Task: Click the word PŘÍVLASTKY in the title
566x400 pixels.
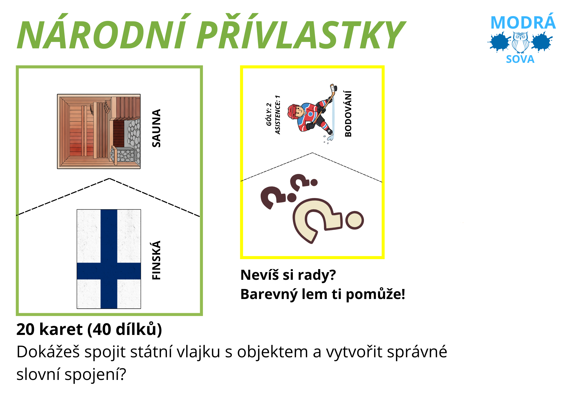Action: (x=301, y=32)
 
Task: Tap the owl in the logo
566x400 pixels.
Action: (x=520, y=42)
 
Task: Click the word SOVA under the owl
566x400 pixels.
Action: (x=520, y=59)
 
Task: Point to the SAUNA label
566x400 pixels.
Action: (x=156, y=128)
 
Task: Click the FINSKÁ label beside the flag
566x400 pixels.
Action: (x=156, y=260)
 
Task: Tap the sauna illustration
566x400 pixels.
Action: (x=99, y=132)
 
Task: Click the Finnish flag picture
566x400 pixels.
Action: (x=109, y=259)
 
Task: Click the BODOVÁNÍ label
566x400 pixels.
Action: (x=348, y=114)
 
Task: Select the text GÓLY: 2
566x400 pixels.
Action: (x=269, y=115)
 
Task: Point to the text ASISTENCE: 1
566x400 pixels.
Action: (x=278, y=115)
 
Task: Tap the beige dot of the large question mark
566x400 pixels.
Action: (x=354, y=220)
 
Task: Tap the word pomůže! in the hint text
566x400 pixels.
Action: (x=375, y=294)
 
